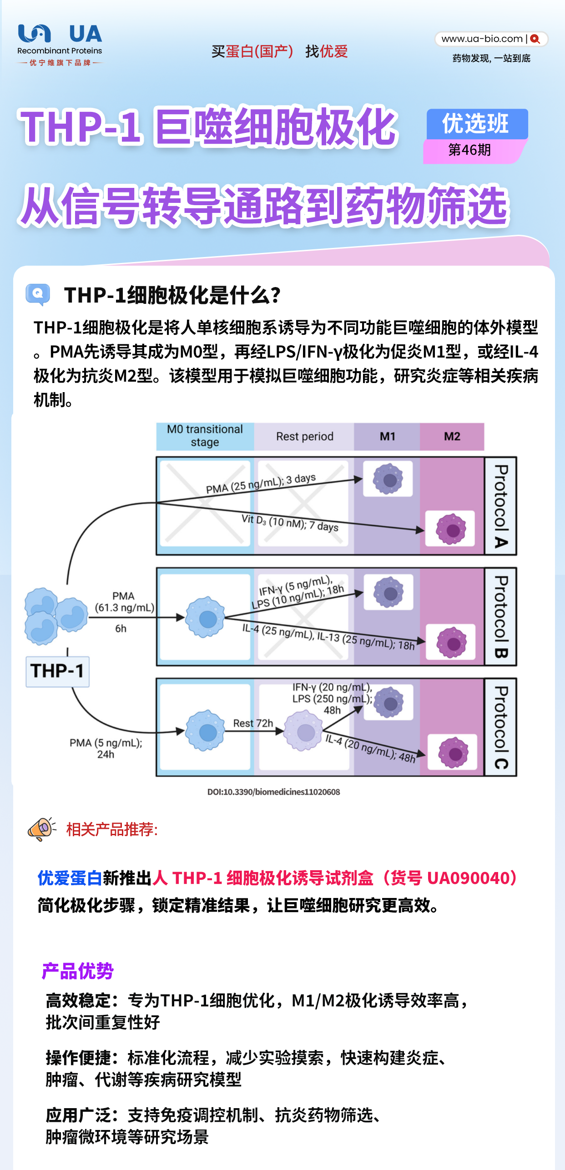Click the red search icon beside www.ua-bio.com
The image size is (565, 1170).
(x=535, y=39)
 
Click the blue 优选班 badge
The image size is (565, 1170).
(x=477, y=124)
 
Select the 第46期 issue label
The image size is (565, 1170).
(x=469, y=150)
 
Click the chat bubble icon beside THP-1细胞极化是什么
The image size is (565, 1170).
(x=38, y=294)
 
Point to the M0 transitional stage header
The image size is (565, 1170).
(x=205, y=436)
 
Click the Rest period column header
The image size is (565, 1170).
(x=304, y=436)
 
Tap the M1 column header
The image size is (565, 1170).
(x=387, y=436)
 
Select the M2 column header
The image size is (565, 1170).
(x=452, y=436)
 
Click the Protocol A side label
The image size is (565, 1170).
(x=501, y=506)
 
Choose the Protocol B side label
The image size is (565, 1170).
(x=501, y=617)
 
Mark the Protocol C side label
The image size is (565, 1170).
(x=501, y=727)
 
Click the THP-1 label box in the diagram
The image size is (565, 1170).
(x=57, y=671)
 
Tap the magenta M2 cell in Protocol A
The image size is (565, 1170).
(x=451, y=529)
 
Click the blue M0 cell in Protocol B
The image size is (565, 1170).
(x=206, y=617)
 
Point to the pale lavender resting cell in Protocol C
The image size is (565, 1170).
(x=304, y=731)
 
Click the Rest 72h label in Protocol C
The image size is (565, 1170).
(x=253, y=723)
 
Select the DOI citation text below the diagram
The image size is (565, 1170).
(x=273, y=792)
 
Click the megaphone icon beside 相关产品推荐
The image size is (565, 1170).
(x=42, y=828)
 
